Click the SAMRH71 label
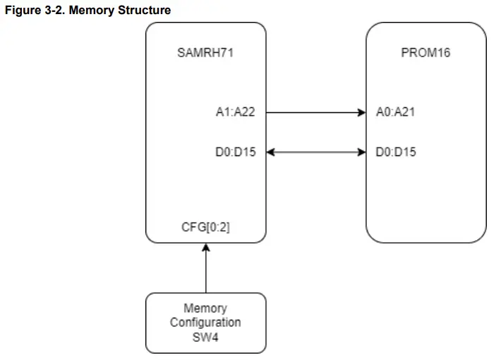(205, 54)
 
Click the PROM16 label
(425, 54)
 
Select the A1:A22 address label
(235, 112)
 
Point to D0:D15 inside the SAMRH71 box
(235, 152)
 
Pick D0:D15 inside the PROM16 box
(397, 152)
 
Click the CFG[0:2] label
(205, 227)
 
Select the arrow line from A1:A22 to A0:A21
(314, 112)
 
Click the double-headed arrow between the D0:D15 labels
(315, 152)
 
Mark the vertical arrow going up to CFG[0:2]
(206, 272)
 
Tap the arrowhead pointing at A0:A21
(361, 112)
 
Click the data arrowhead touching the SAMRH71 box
(270, 152)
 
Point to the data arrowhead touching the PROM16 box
(361, 152)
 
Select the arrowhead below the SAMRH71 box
(206, 246)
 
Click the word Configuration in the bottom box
(205, 322)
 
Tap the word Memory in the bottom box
(205, 308)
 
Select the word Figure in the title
(19, 11)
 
